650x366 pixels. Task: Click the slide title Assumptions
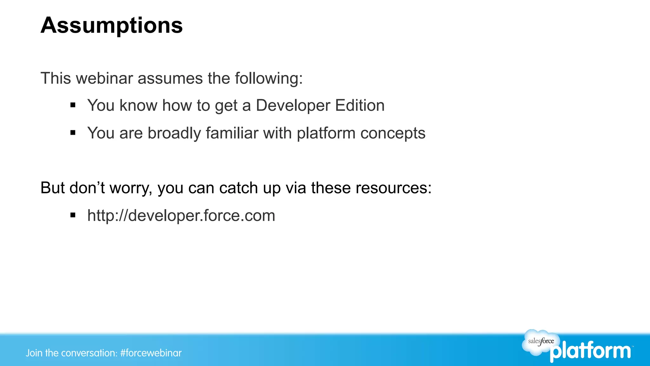coord(112,25)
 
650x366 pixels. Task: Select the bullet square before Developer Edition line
coord(73,105)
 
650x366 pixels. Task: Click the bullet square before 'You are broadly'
coord(73,133)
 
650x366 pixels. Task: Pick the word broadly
coord(174,133)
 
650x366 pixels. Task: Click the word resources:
coord(394,188)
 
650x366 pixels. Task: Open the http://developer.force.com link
coord(181,216)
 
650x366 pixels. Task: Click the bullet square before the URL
coord(73,215)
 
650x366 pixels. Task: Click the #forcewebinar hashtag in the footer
coord(151,353)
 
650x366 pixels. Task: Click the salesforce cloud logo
coord(540,342)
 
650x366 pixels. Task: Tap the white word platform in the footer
coord(591,352)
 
